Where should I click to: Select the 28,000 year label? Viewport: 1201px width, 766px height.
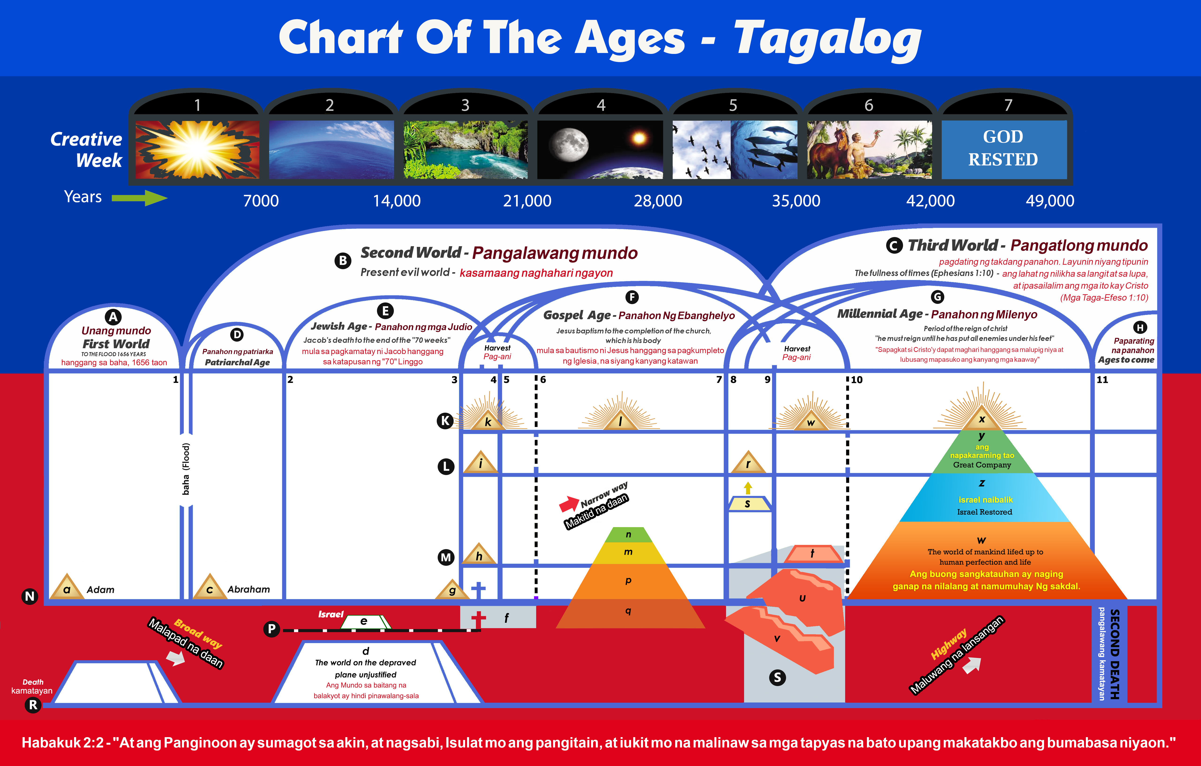[x=658, y=200]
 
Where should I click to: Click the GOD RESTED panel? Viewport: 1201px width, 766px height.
[x=1004, y=149]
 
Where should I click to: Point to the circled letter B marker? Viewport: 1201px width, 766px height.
[x=343, y=261]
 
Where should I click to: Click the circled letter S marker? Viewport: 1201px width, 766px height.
[x=777, y=677]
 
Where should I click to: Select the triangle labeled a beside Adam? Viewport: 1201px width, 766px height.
[x=66, y=587]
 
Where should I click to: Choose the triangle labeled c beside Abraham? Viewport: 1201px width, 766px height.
[x=210, y=587]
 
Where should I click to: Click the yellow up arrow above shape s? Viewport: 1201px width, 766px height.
[x=748, y=488]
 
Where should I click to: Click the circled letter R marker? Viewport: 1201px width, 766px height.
[x=33, y=705]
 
